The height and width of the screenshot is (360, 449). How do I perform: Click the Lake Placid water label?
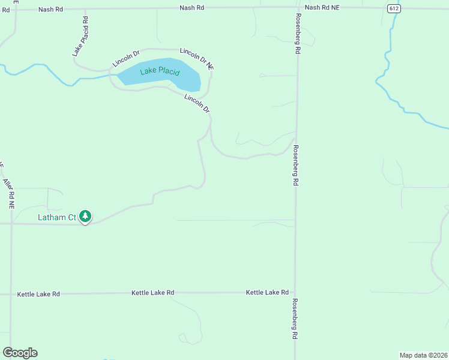tap(160, 72)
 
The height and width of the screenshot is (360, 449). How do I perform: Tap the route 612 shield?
tap(393, 8)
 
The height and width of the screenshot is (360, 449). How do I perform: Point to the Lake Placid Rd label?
tap(80, 37)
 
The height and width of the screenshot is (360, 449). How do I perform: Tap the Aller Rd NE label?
tap(8, 193)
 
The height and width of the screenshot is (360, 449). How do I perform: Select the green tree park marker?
tap(85, 217)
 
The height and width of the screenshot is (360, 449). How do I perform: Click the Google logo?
tap(20, 353)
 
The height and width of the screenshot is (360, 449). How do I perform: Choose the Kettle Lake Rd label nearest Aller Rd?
tap(38, 294)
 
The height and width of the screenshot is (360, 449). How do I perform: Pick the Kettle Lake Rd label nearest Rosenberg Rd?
tap(267, 292)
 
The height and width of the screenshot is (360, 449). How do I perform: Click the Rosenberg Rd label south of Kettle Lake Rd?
tap(295, 320)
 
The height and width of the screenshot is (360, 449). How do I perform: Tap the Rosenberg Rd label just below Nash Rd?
tap(297, 35)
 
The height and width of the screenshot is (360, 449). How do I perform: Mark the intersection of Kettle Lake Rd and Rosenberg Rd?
tap(295, 293)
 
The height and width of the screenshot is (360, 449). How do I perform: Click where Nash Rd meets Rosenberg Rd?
tap(297, 8)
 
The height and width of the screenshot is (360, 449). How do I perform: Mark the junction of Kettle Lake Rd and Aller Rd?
tap(11, 294)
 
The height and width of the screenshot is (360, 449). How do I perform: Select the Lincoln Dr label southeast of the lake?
tap(197, 103)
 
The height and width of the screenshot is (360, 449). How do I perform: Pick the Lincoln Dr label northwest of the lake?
tap(125, 58)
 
